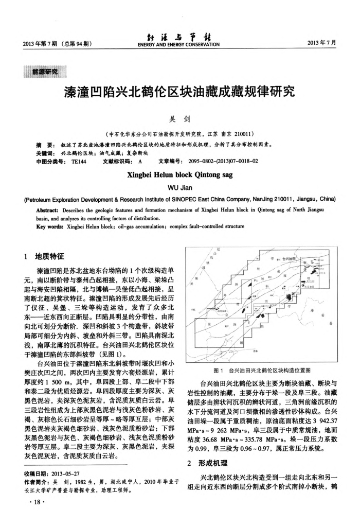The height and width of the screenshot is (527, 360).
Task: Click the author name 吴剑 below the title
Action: (179, 119)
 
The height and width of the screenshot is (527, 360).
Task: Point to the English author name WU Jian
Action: (179, 187)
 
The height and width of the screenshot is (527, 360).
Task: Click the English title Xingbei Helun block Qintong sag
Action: (179, 174)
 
